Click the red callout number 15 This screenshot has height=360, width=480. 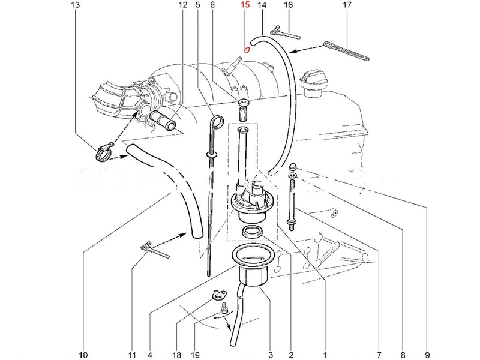[x=245, y=5]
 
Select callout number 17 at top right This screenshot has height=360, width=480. [x=347, y=5]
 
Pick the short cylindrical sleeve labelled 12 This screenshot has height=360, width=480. [x=163, y=120]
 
